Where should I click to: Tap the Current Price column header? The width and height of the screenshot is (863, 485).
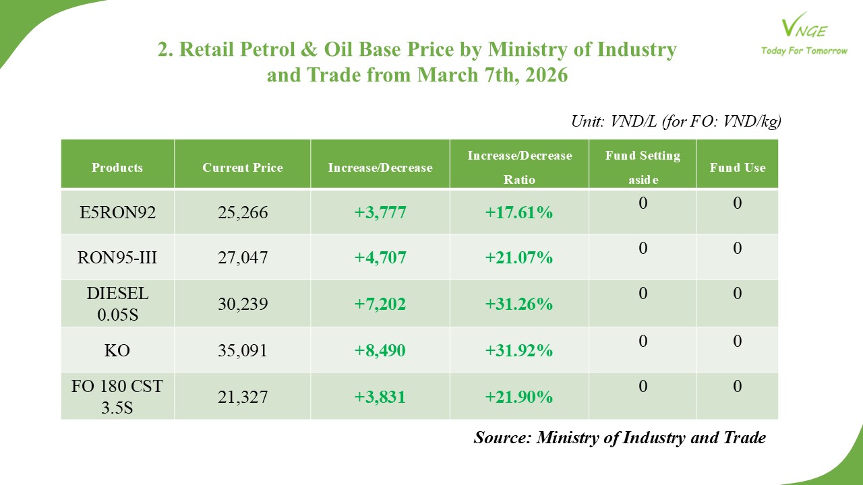click(x=243, y=168)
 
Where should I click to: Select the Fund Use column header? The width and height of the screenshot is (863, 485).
click(x=738, y=168)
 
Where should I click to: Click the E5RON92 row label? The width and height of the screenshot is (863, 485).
click(x=118, y=213)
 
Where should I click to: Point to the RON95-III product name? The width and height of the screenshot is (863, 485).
click(x=118, y=257)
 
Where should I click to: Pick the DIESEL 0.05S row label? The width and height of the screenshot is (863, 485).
click(x=118, y=304)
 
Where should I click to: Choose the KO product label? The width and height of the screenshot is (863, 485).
click(x=118, y=351)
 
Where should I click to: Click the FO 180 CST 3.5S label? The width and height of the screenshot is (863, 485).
click(x=118, y=397)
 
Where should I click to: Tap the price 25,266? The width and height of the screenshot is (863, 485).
click(x=243, y=213)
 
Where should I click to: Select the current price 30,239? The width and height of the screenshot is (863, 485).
click(x=243, y=304)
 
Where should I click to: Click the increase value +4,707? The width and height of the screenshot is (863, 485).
click(x=380, y=257)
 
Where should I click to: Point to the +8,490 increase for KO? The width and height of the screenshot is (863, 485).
click(x=380, y=351)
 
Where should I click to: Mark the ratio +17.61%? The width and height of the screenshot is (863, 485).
click(x=519, y=213)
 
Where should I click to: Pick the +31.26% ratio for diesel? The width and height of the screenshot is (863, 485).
click(x=519, y=304)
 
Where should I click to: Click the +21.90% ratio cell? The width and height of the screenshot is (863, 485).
click(x=519, y=397)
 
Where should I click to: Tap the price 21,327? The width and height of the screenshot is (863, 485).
click(x=243, y=397)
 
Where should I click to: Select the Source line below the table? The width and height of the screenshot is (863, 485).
click(x=620, y=438)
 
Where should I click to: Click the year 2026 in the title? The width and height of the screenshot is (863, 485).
click(x=543, y=75)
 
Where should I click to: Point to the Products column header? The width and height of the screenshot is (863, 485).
click(x=118, y=168)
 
